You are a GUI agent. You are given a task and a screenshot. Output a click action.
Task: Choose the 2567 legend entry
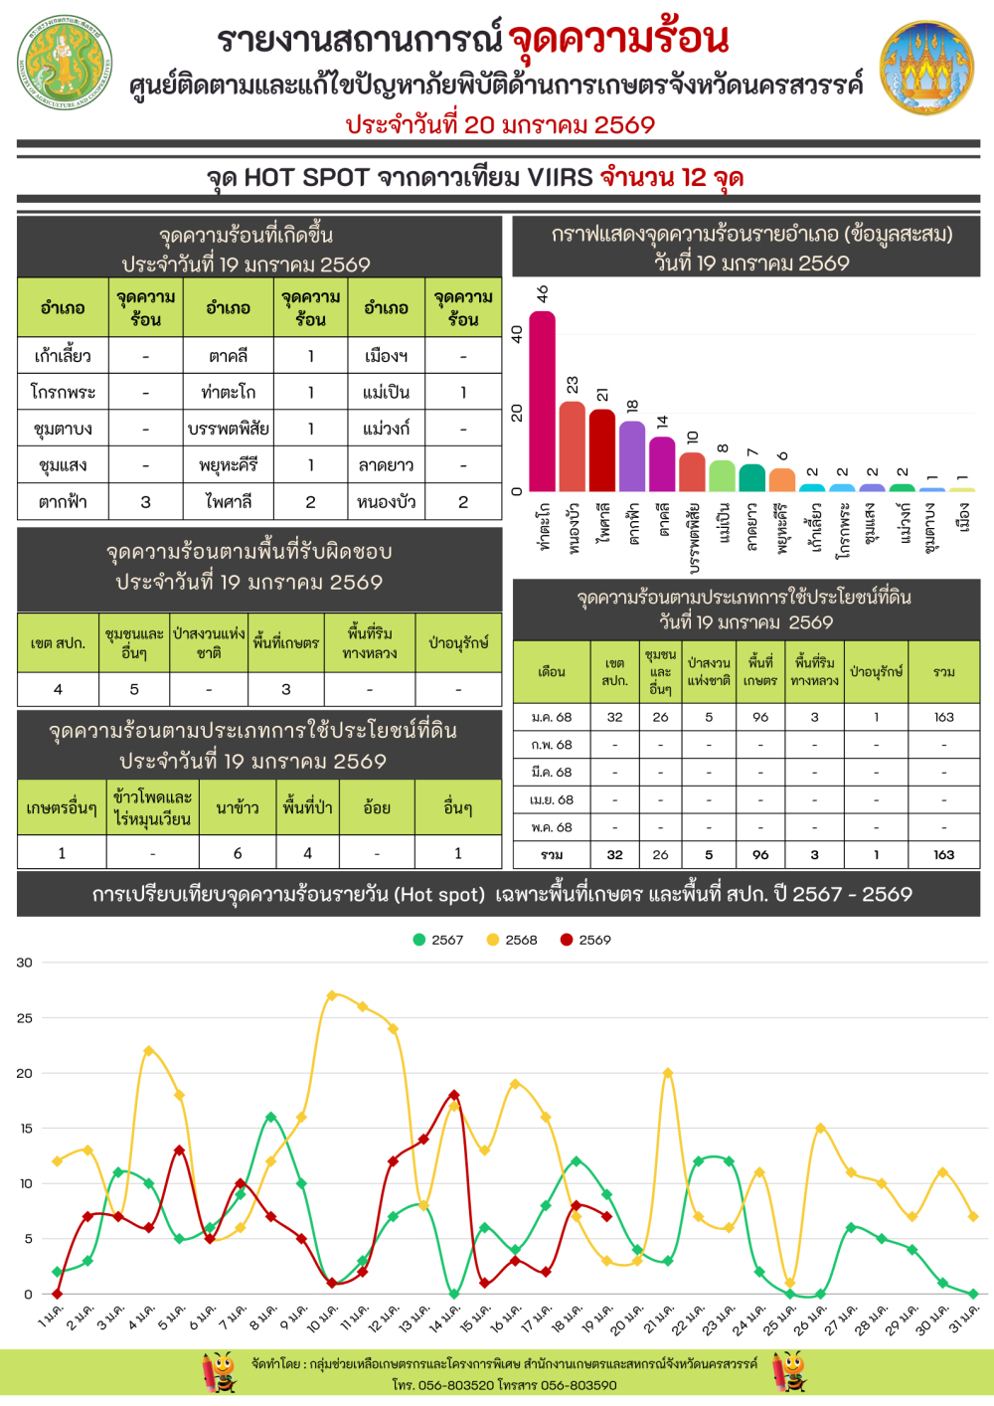(x=438, y=940)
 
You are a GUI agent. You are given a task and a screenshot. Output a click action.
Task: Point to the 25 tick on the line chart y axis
(x=24, y=1018)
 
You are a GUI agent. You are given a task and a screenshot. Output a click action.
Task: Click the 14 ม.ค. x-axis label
(x=442, y=1319)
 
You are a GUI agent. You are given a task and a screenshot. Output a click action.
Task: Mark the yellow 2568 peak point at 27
(x=332, y=995)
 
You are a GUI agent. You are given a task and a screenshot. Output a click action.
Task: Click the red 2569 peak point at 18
(x=454, y=1095)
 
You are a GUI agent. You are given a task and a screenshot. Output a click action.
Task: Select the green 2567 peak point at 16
(x=270, y=1118)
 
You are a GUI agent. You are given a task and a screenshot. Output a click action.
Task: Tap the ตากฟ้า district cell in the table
(x=64, y=502)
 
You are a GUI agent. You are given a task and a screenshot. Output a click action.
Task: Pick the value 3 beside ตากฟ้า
(x=146, y=502)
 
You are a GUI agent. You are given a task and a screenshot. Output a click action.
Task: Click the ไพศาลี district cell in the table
(x=229, y=502)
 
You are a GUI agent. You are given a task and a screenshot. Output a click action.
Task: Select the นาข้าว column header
(x=238, y=808)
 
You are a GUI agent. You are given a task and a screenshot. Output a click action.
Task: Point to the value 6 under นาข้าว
(x=238, y=853)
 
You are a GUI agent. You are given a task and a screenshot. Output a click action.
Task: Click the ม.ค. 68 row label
(x=552, y=717)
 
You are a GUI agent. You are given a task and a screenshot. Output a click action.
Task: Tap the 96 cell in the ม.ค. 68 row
(x=760, y=717)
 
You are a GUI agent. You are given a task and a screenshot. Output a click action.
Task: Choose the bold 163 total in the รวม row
(x=943, y=854)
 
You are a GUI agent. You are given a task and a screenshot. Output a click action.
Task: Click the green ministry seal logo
(x=65, y=62)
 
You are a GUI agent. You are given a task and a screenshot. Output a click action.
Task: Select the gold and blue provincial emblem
(x=926, y=68)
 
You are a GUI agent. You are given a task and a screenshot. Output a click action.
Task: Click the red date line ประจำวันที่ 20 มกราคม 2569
(x=500, y=125)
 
